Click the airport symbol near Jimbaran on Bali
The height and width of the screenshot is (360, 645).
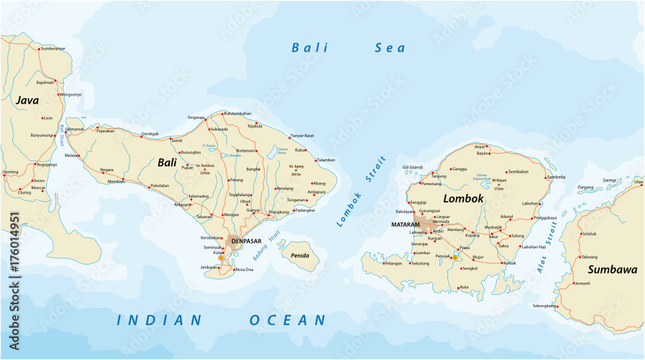click(x=221, y=257)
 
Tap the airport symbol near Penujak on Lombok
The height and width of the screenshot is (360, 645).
click(x=455, y=257)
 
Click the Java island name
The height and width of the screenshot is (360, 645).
click(x=28, y=101)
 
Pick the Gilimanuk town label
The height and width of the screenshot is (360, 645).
click(x=75, y=129)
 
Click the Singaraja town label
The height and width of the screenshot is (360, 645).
click(x=195, y=117)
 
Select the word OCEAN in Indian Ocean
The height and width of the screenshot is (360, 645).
click(x=288, y=320)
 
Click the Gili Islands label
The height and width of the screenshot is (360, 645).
click(x=413, y=167)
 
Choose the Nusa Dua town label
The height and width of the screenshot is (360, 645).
click(x=244, y=269)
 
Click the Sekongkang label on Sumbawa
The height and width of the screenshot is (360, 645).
click(x=544, y=305)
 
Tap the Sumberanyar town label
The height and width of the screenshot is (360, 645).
click(x=53, y=49)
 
